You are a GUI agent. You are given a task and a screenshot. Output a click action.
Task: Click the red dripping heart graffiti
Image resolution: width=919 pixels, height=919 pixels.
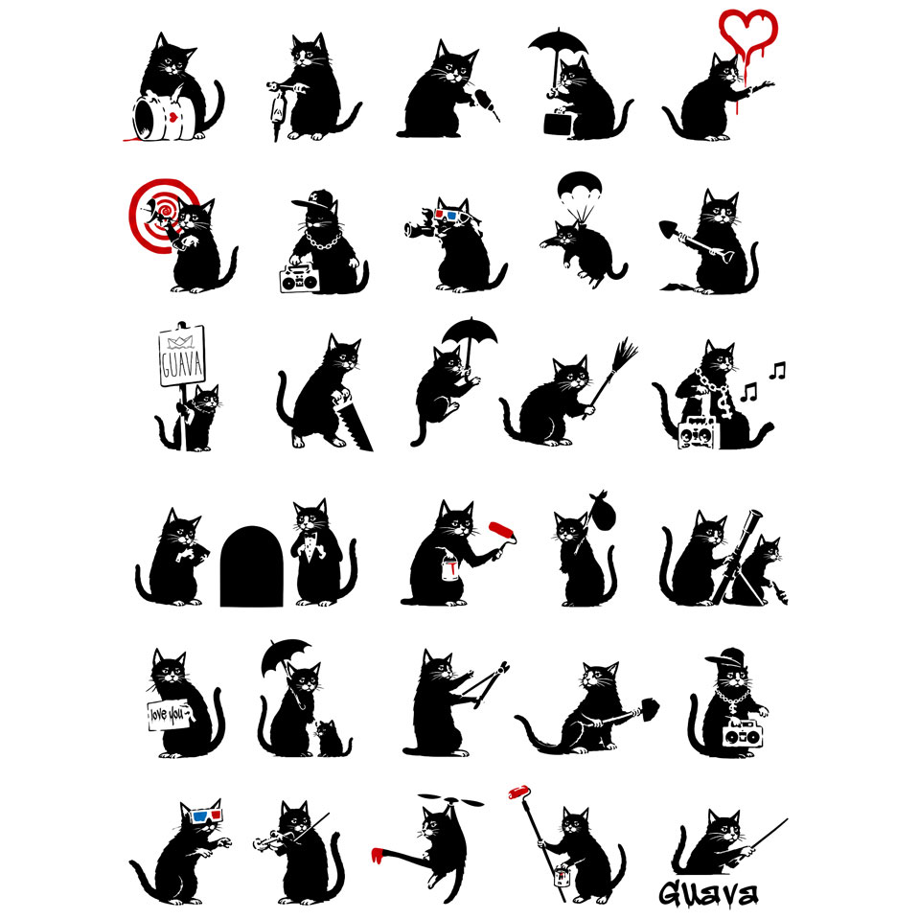747,35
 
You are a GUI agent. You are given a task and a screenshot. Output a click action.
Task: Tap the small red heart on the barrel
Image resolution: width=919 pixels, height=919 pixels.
173,117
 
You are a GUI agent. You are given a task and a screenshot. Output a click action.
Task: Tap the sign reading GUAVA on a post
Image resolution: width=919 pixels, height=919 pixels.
182,356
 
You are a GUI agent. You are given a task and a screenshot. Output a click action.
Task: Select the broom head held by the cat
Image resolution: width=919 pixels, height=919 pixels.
625,353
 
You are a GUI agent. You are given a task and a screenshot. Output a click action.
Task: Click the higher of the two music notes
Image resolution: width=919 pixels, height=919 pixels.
777,371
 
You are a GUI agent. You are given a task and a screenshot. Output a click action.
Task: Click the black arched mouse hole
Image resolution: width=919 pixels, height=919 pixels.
251,566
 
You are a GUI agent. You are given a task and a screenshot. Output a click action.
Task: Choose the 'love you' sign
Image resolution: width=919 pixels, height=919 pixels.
169,715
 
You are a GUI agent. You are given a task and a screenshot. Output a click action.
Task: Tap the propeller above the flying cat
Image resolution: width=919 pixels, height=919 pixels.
450,800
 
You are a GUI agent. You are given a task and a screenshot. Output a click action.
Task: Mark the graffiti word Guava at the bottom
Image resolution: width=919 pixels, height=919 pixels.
708,893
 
